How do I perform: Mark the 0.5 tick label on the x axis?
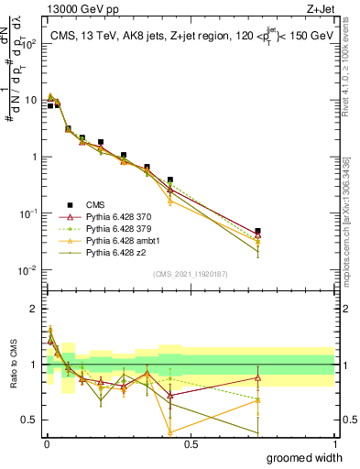click(191, 444)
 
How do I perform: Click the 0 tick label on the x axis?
click(47, 444)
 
